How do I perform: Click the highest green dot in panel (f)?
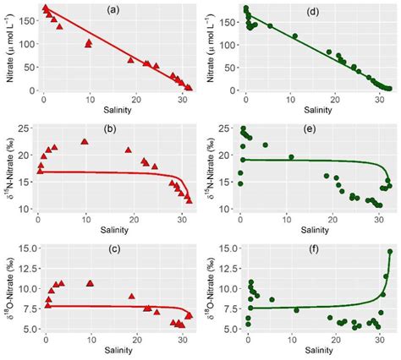click(x=390, y=252)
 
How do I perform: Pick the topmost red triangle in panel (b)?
click(x=84, y=142)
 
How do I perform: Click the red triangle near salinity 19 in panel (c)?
click(x=131, y=297)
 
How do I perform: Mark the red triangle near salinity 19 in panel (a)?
click(x=130, y=60)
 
